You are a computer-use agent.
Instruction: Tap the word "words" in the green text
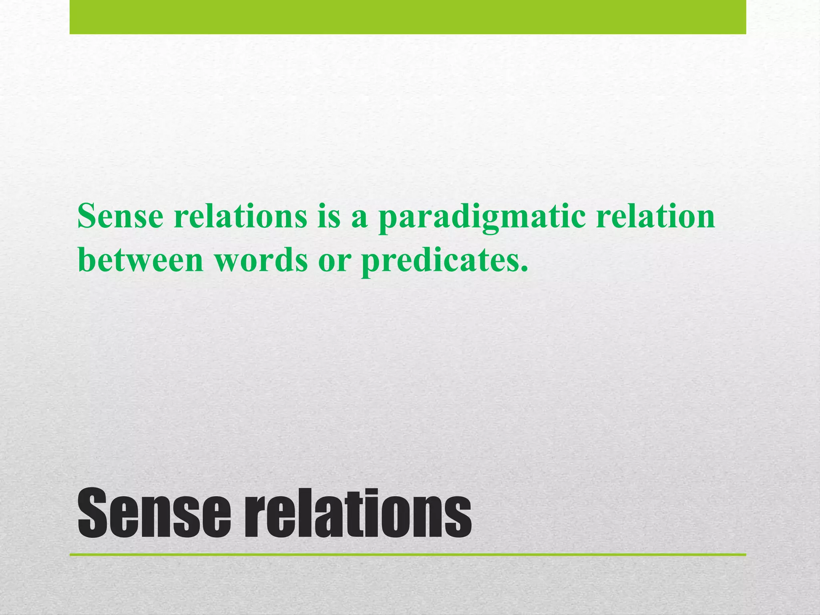[261, 260]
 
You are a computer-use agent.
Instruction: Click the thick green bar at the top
[408, 17]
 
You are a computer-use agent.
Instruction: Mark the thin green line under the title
[408, 555]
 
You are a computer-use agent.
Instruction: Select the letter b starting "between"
[87, 259]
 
